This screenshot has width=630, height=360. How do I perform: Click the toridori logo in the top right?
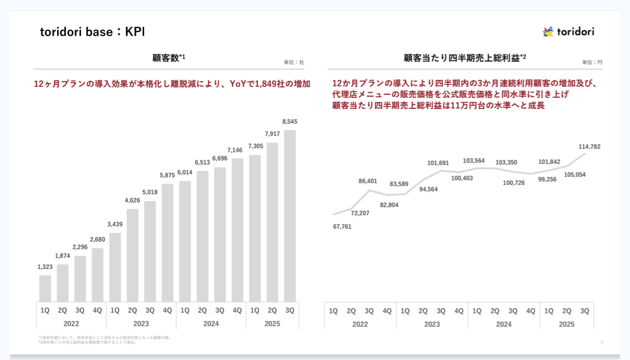point(568,32)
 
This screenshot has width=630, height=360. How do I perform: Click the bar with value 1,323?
point(45,288)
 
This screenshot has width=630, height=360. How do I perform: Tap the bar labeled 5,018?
point(150,251)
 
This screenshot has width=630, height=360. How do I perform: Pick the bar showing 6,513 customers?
point(202,236)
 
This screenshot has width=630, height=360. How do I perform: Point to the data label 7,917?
point(272,134)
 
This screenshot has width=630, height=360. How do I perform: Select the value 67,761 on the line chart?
point(342,226)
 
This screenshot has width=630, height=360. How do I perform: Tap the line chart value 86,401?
point(368,181)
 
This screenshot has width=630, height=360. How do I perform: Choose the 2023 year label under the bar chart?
point(141,323)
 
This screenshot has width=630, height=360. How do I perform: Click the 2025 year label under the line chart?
point(566,324)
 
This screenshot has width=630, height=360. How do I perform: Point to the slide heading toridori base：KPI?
point(92,32)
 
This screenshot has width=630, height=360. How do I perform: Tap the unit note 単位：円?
point(592,62)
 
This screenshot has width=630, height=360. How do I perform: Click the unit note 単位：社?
point(294,62)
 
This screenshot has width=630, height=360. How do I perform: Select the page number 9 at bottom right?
point(602,342)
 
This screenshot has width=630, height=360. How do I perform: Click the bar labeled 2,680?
point(97,274)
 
